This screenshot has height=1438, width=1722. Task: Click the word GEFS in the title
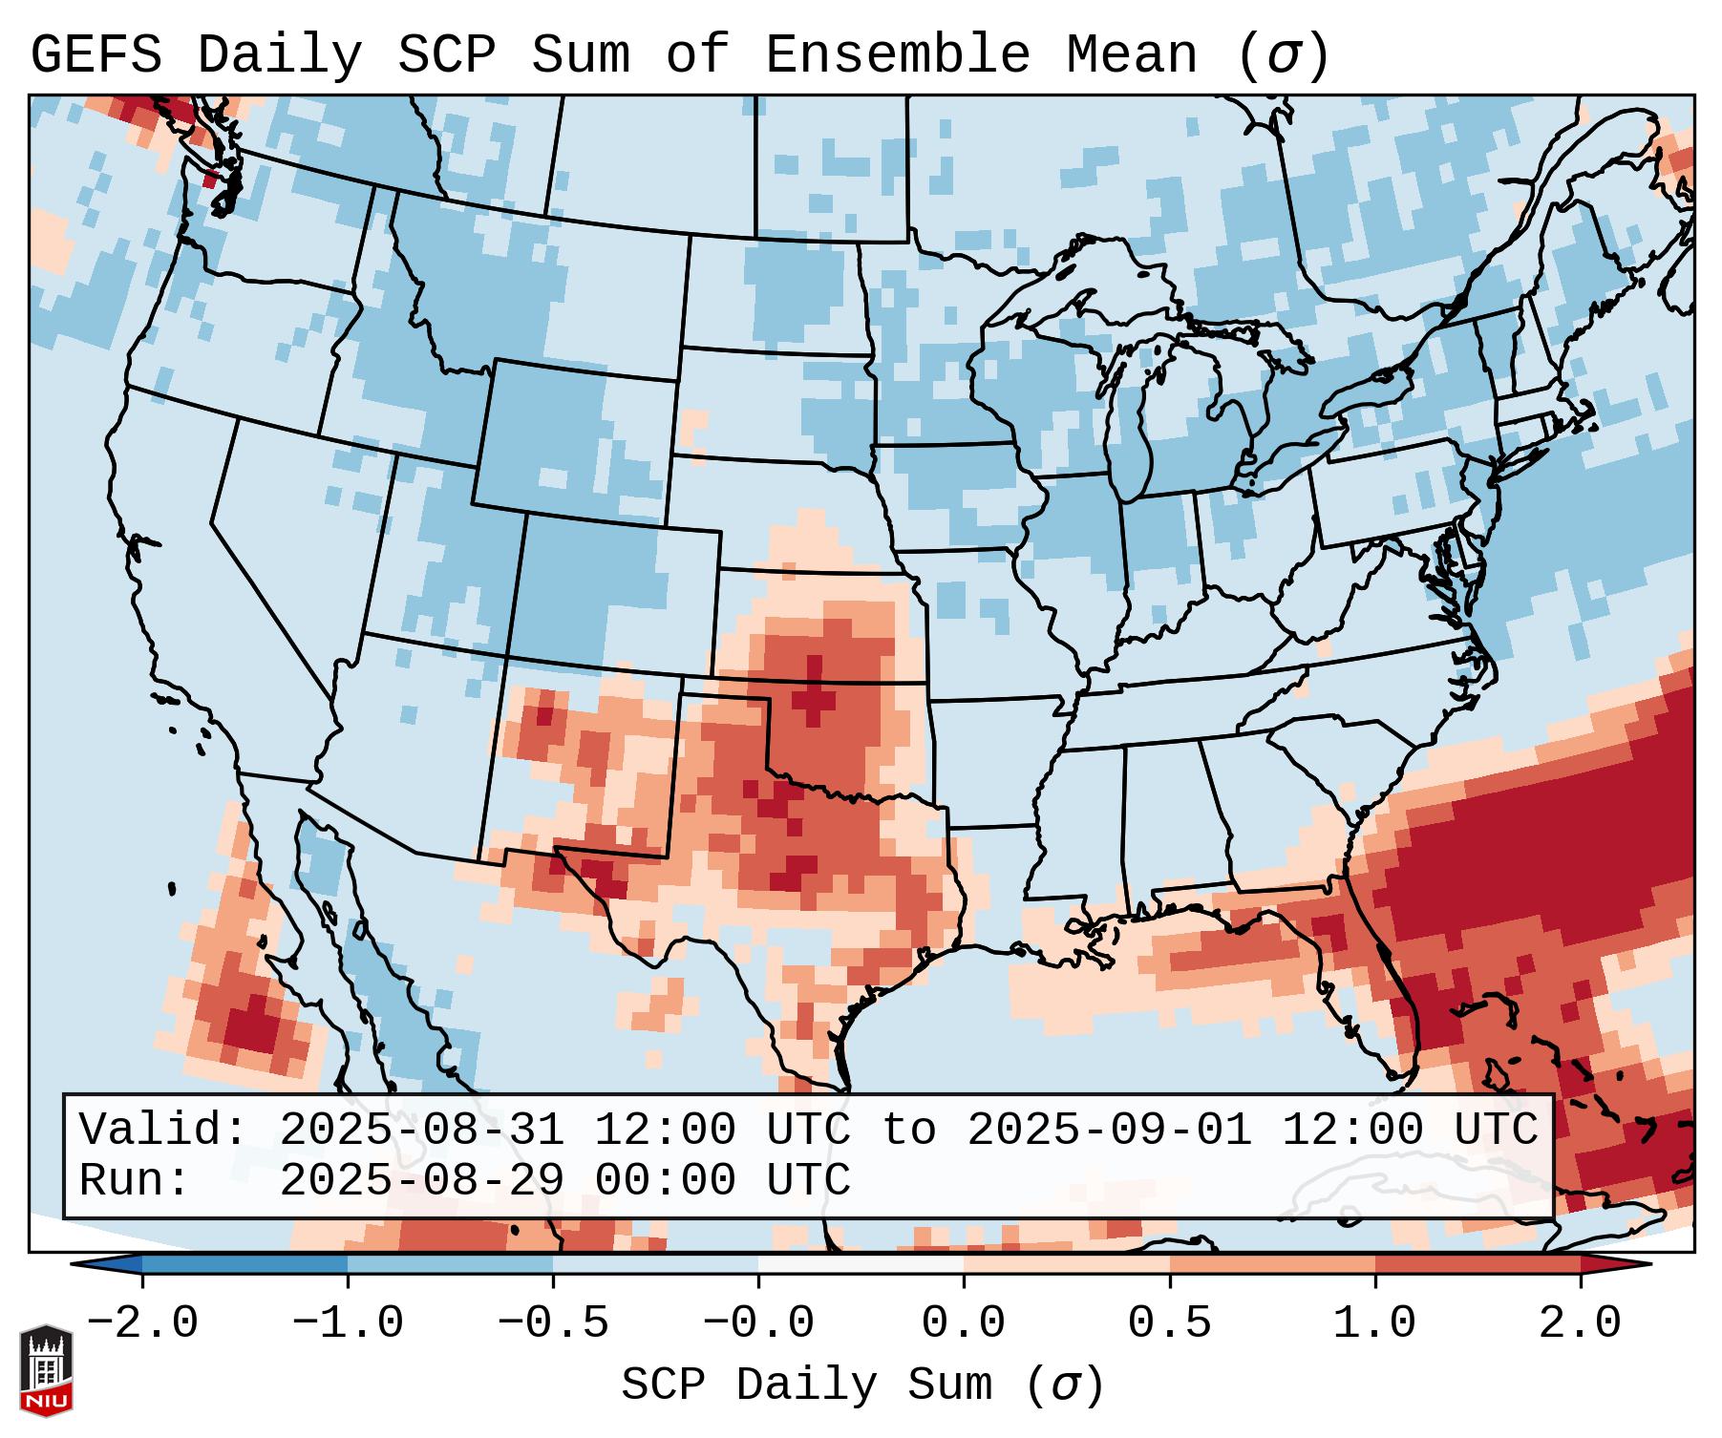tap(96, 55)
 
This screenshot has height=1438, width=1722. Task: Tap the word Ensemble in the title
tap(898, 55)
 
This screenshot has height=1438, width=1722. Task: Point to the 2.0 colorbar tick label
tap(1580, 1323)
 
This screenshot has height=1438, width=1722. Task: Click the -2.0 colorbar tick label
tap(142, 1323)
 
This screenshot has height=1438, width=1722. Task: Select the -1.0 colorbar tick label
tap(348, 1323)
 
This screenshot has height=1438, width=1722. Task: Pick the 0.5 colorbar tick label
tap(1169, 1323)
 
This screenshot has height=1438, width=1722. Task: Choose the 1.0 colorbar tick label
tap(1374, 1323)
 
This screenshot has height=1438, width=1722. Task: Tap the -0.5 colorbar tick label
tap(553, 1323)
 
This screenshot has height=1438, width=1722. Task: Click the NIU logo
tap(46, 1370)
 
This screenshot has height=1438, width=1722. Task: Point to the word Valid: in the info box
tap(163, 1130)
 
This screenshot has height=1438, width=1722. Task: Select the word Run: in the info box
tap(135, 1180)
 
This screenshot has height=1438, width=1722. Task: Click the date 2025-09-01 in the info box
tap(1109, 1130)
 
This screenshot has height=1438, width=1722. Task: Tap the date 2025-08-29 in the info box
tap(421, 1180)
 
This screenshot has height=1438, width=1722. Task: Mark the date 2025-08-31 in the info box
tap(421, 1130)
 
